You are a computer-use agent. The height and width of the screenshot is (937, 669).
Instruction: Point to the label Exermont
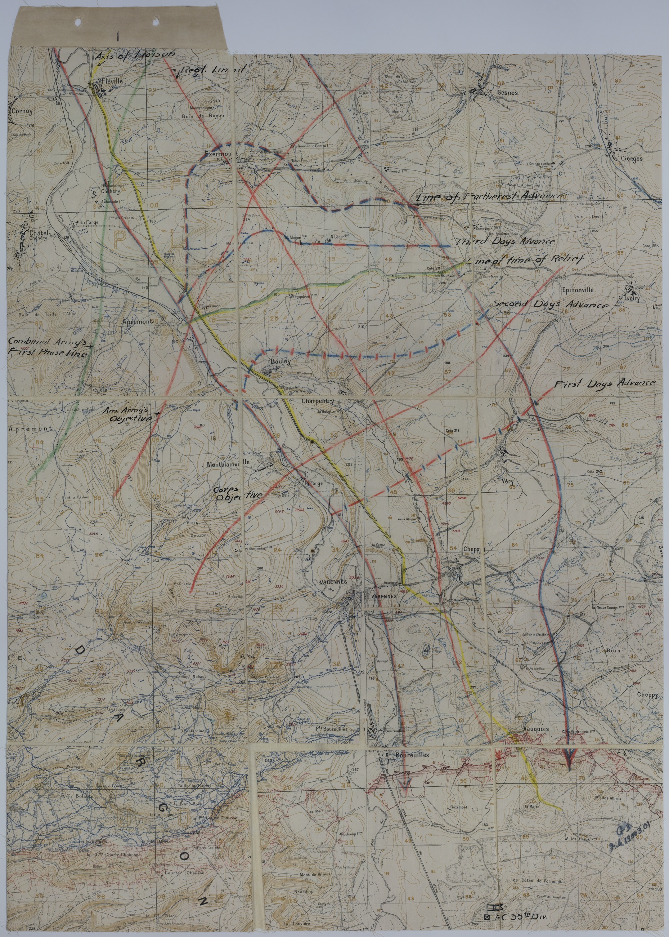(x=221, y=154)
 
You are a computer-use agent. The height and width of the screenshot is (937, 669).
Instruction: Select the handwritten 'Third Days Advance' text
(x=505, y=242)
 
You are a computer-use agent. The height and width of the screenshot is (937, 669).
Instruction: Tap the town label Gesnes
(x=507, y=93)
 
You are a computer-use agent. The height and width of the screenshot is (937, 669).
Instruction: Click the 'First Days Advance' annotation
(x=604, y=383)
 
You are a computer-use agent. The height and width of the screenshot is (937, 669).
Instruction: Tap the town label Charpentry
(x=317, y=401)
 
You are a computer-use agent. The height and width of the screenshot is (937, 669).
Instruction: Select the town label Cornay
(x=22, y=111)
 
